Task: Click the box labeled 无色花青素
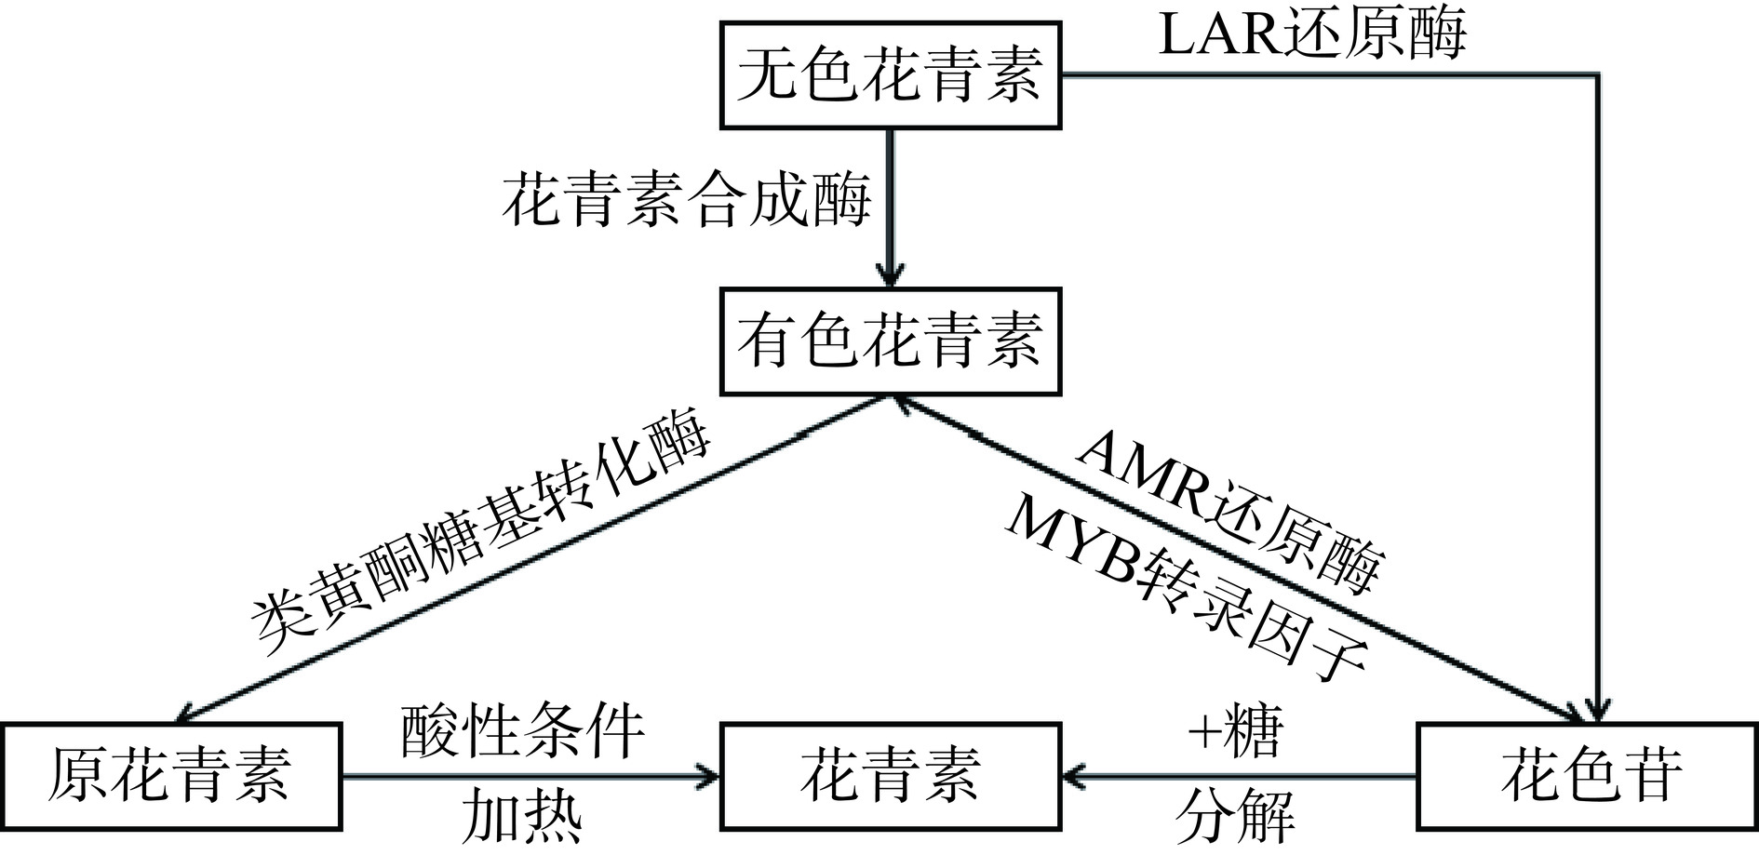coord(891,76)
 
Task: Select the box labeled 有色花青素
coord(891,341)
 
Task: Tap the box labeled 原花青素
coord(171,776)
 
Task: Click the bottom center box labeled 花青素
coord(891,776)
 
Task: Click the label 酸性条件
coord(523,731)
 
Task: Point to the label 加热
coord(523,815)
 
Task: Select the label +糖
coord(1236,731)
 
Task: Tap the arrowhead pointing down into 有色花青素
coord(891,277)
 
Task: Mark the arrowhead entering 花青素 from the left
coord(711,776)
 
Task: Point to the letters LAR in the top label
coord(1215,35)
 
